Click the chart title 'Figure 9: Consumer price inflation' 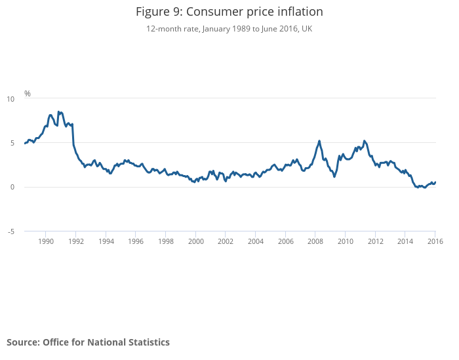pyautogui.click(x=229, y=12)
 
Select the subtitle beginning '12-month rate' pyautogui.click(x=229, y=29)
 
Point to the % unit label pyautogui.click(x=28, y=94)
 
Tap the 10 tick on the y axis pyautogui.click(x=10, y=99)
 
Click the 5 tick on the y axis pyautogui.click(x=12, y=143)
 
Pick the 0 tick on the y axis pyautogui.click(x=12, y=187)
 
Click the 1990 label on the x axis pyautogui.click(x=46, y=241)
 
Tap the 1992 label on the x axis pyautogui.click(x=76, y=241)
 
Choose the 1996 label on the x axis pyautogui.click(x=136, y=241)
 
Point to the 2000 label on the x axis pyautogui.click(x=196, y=241)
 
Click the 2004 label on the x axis pyautogui.click(x=256, y=241)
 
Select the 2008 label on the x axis pyautogui.click(x=315, y=241)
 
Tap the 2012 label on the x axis pyautogui.click(x=376, y=241)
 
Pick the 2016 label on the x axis pyautogui.click(x=435, y=241)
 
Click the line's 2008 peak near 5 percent pyautogui.click(x=319, y=141)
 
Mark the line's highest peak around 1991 pyautogui.click(x=58, y=112)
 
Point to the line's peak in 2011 pyautogui.click(x=365, y=141)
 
